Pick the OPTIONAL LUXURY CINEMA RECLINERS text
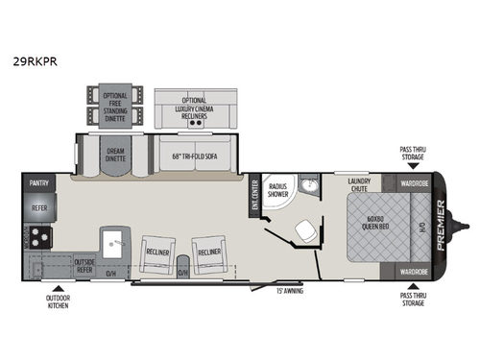pyautogui.click(x=196, y=108)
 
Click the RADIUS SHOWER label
pyautogui.click(x=279, y=189)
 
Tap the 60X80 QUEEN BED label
pyautogui.click(x=375, y=227)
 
